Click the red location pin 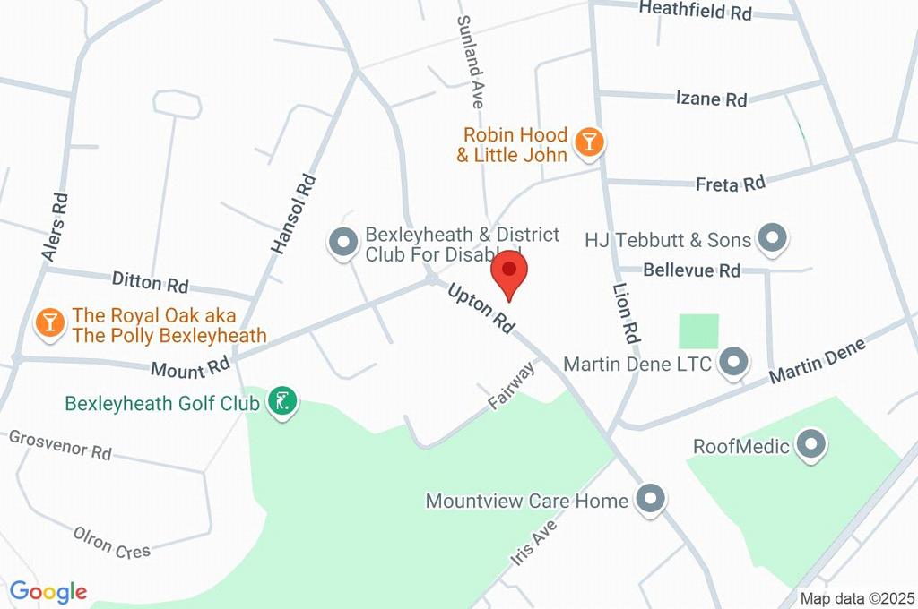click(x=510, y=271)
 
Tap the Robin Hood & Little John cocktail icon click(x=590, y=142)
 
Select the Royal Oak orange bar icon click(x=49, y=324)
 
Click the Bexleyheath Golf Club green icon click(x=283, y=403)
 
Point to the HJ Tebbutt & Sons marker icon click(x=771, y=239)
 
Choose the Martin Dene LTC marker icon click(x=733, y=363)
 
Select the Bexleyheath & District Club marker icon click(x=342, y=243)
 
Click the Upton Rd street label click(x=481, y=309)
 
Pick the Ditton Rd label click(x=150, y=282)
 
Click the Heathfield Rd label click(x=695, y=11)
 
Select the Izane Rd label click(x=711, y=99)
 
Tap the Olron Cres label click(x=112, y=543)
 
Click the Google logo click(x=48, y=591)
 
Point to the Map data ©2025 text click(x=857, y=598)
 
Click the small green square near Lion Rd click(x=699, y=331)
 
